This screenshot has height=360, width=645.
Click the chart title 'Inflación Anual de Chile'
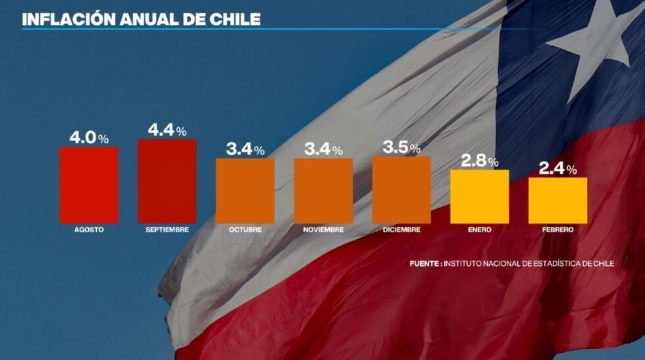click(141, 18)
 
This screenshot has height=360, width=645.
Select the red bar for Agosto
click(89, 185)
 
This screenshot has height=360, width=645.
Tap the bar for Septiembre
click(167, 181)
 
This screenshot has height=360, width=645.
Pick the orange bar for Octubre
click(245, 191)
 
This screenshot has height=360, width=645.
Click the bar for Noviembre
click(323, 191)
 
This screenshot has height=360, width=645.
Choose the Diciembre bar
click(401, 190)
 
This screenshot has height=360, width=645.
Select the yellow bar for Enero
click(479, 197)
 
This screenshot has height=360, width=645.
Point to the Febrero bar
click(557, 201)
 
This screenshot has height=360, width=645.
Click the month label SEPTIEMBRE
click(167, 230)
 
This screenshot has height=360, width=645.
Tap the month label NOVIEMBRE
click(323, 230)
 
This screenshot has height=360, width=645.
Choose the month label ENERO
click(479, 230)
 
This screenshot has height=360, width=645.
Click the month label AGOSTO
click(89, 230)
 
